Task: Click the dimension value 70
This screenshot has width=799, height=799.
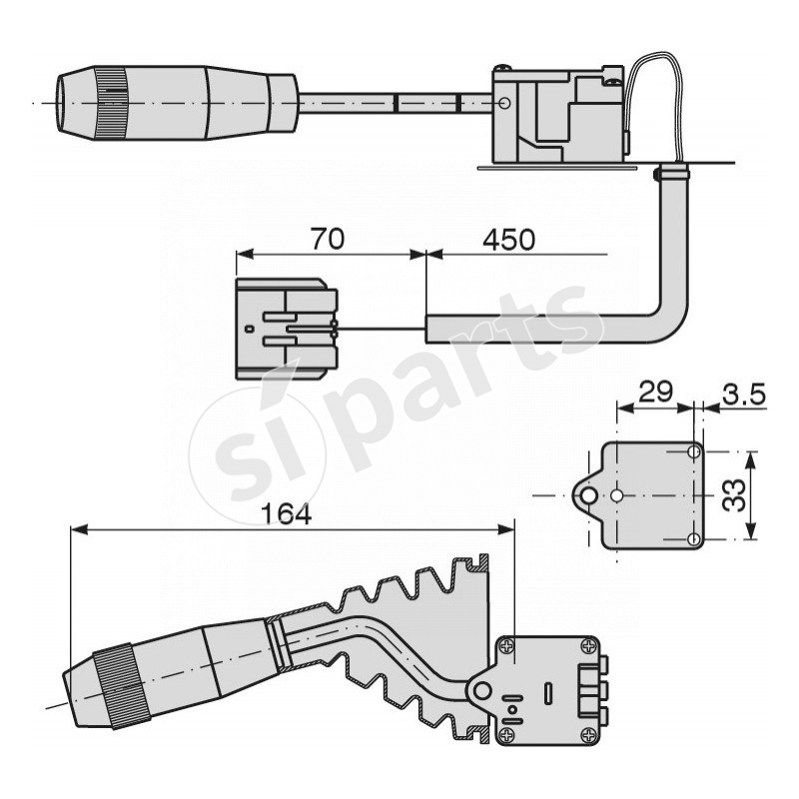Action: (329, 240)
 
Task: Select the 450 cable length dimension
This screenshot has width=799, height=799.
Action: (508, 240)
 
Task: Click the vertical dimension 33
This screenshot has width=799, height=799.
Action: (734, 494)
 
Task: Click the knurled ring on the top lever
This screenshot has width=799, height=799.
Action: (109, 105)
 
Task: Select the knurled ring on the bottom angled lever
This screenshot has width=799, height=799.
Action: (121, 686)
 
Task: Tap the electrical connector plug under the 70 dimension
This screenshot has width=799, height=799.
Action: (286, 329)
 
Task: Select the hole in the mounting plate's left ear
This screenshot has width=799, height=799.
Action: (590, 495)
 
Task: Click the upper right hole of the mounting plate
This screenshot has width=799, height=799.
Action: (695, 452)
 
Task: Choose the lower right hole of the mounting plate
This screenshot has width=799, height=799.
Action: (695, 539)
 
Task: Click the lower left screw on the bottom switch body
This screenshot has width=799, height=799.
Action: (507, 736)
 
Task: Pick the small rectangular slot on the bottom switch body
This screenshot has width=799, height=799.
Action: (548, 691)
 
